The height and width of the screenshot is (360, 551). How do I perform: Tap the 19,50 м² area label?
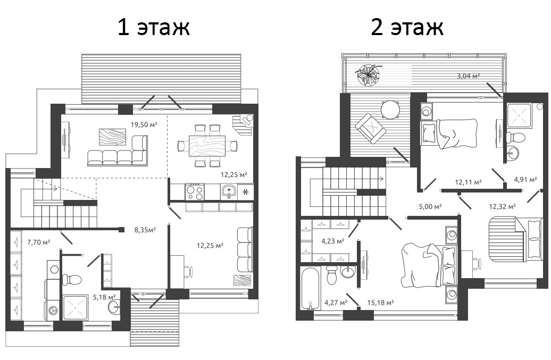(x=144, y=124)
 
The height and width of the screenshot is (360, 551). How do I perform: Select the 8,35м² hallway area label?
(x=145, y=230)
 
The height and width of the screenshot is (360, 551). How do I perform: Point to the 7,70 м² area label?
(x=38, y=242)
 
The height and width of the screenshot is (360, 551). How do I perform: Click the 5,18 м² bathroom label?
(x=104, y=297)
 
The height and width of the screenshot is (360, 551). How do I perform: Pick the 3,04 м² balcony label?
(x=469, y=76)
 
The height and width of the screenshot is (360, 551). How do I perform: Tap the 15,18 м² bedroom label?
(x=380, y=303)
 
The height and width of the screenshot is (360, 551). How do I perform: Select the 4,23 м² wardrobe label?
(x=333, y=241)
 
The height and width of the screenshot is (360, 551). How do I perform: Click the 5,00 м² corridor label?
(x=430, y=206)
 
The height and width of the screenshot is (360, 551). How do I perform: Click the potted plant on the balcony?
(x=368, y=74)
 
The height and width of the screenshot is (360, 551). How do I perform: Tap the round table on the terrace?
(x=390, y=110)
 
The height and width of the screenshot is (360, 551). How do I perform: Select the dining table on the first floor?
(x=207, y=145)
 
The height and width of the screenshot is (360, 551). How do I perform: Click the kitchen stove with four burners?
(x=194, y=192)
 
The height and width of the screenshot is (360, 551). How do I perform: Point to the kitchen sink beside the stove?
(x=229, y=192)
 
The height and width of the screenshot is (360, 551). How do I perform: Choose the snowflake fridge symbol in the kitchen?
(x=245, y=192)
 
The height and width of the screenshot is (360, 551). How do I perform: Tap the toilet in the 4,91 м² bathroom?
(x=515, y=137)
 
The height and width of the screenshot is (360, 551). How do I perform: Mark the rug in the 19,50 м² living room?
(x=112, y=137)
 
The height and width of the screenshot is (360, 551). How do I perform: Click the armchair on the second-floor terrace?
(x=370, y=128)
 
